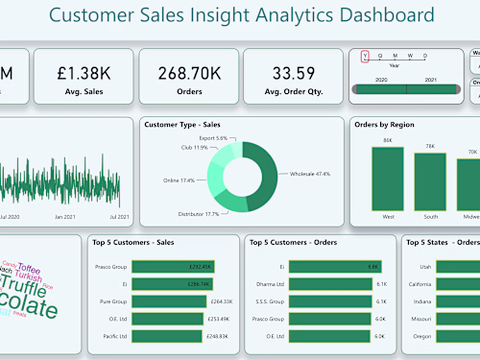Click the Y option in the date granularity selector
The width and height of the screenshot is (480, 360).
click(365, 56)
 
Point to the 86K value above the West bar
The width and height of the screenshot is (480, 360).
click(387, 141)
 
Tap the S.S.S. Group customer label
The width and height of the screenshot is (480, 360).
click(270, 301)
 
